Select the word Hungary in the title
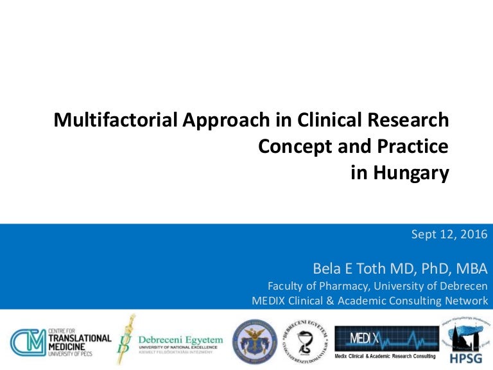click(415, 173)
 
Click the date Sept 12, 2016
click(449, 234)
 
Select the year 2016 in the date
click(474, 234)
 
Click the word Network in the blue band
click(465, 300)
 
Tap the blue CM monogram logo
click(26, 340)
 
